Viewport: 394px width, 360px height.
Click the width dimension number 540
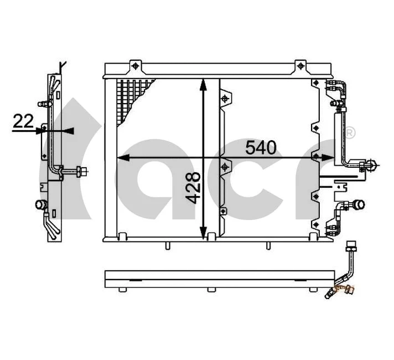coord(260,148)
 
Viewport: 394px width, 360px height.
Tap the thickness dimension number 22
coord(23,121)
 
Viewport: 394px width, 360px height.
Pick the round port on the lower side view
coord(41,204)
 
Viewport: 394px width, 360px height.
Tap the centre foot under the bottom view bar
coord(211,289)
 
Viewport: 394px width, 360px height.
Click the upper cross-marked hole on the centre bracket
coord(225,99)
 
